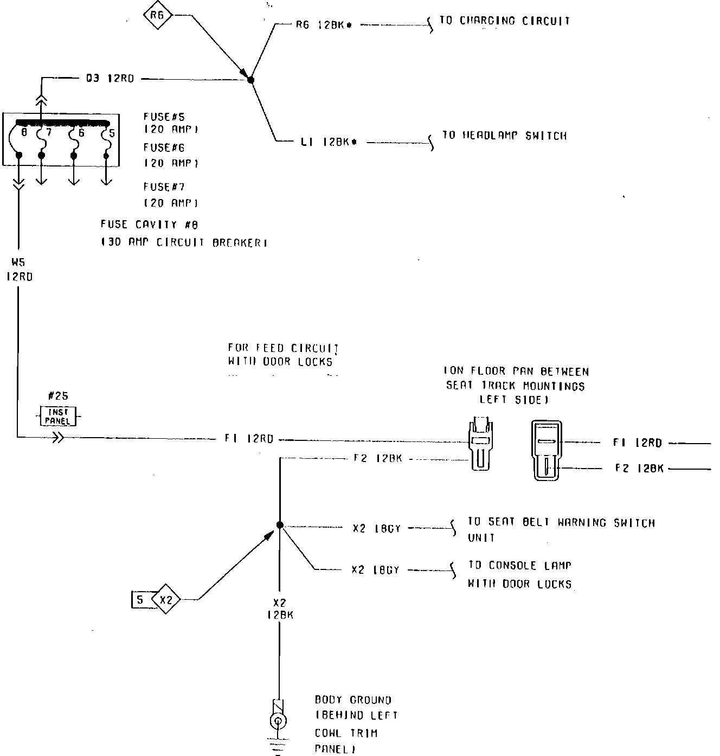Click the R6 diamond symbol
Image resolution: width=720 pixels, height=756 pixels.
(x=157, y=16)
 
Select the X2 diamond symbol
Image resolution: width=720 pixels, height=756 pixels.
(x=166, y=600)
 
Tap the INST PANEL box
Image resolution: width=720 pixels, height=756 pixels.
(x=58, y=417)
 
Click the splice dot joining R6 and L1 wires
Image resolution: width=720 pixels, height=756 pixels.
(x=250, y=80)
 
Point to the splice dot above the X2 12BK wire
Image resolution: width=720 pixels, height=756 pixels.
(x=280, y=525)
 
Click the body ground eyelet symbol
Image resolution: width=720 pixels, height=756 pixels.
(x=278, y=721)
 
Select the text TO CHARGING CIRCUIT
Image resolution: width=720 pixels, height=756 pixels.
(x=505, y=21)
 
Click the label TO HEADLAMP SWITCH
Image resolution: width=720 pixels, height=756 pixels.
(x=505, y=136)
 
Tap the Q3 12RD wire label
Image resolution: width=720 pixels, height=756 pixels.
(x=110, y=79)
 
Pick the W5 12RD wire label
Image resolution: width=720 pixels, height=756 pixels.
(x=19, y=270)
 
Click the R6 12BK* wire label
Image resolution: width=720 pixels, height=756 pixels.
(x=324, y=25)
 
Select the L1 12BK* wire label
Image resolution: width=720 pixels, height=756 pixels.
(x=329, y=143)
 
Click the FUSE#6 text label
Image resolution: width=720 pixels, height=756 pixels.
(x=164, y=148)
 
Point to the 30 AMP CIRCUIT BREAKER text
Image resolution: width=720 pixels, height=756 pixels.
(x=184, y=243)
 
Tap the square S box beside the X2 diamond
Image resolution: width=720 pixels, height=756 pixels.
(x=140, y=600)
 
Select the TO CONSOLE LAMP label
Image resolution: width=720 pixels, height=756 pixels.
(x=520, y=566)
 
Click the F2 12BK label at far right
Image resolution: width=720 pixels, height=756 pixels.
(x=639, y=468)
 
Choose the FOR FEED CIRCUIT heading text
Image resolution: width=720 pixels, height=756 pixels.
(x=283, y=348)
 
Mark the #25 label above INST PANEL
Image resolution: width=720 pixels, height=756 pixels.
(x=58, y=396)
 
